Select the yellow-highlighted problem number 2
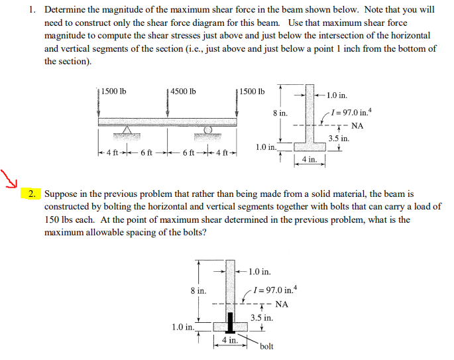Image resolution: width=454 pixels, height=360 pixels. click(x=34, y=194)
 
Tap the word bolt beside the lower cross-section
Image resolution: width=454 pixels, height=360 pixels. click(x=267, y=346)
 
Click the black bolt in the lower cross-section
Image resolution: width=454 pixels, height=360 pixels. click(x=231, y=323)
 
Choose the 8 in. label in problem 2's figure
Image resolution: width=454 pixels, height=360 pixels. click(x=198, y=290)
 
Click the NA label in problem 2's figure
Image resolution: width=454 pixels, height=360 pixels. click(x=282, y=304)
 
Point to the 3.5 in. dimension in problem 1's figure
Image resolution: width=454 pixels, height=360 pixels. click(x=339, y=139)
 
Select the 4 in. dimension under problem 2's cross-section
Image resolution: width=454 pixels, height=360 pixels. click(x=229, y=340)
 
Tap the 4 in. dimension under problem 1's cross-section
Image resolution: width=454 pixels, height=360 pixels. click(x=309, y=160)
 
